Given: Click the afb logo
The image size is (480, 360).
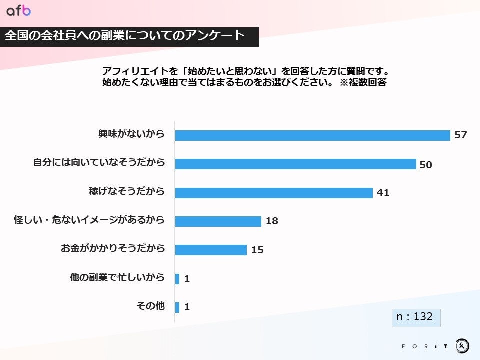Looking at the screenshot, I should coord(18,11).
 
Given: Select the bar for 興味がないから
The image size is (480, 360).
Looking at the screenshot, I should coord(313,135).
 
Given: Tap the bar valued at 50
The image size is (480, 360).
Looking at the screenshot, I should coord(295,164).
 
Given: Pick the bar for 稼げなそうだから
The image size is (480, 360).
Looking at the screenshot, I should coord(274,192).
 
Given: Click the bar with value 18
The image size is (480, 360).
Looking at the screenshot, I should coord(218,221).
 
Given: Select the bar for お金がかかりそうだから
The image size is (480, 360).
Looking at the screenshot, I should coord(211,249).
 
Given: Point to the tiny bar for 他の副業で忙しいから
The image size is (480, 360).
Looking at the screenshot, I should coord(177,278).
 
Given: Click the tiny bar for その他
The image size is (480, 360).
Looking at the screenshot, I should coord(177,307).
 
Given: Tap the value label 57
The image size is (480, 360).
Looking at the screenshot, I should coord(460,135).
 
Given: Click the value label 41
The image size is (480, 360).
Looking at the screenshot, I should coord(383,192).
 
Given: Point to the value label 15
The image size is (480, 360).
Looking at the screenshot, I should coord(257,250).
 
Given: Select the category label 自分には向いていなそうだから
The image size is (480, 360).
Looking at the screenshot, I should coord(99,163).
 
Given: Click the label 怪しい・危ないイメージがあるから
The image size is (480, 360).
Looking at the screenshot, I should coord(89,220).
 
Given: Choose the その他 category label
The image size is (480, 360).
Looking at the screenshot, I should coord(150,306).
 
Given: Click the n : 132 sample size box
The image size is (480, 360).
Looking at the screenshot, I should coord(415,317).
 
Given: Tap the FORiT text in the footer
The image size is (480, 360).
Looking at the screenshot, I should coord(424,346).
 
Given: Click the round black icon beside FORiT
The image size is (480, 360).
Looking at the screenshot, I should coord(462,345).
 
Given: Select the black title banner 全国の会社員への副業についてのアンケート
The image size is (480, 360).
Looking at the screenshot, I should coord(129,36).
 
